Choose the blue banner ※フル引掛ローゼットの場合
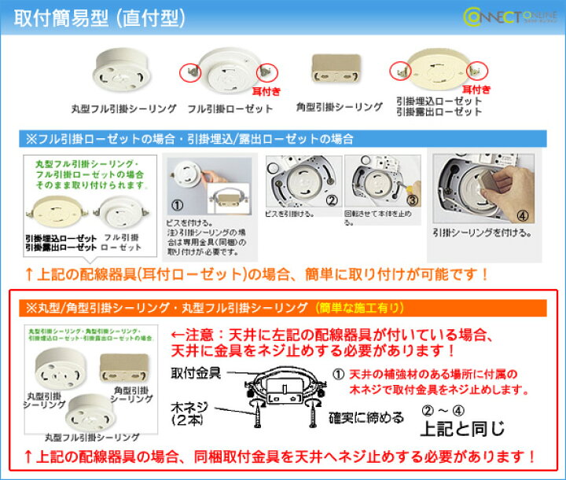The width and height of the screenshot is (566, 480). (189, 138)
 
